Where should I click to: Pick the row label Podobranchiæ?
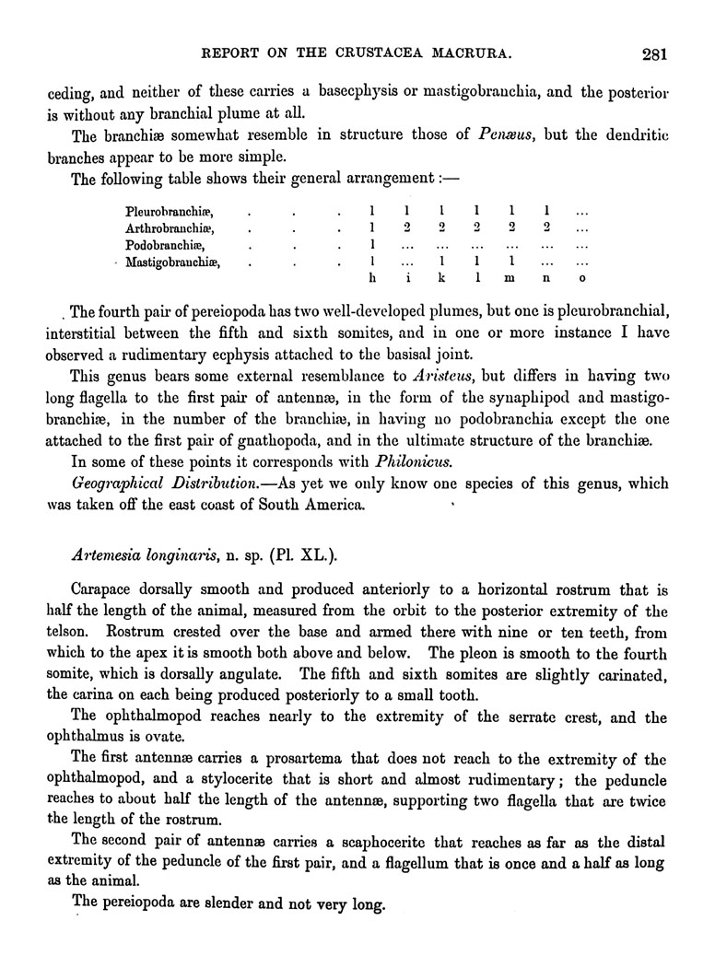click(164, 246)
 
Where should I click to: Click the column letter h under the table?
click(371, 279)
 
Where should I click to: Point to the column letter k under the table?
click(441, 279)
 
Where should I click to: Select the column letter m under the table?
click(511, 279)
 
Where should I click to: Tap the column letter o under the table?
click(581, 279)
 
